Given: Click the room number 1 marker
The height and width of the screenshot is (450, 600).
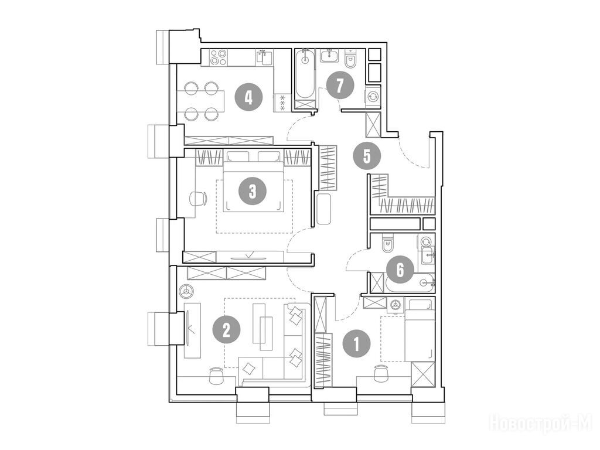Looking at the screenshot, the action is [x=357, y=344].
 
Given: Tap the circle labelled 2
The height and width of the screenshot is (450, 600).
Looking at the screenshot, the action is [x=227, y=330].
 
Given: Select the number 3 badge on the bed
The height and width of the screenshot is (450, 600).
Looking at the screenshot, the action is [x=252, y=191].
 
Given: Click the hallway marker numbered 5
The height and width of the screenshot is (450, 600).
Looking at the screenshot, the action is [x=367, y=156].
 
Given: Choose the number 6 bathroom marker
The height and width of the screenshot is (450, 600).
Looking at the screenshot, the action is [x=400, y=270].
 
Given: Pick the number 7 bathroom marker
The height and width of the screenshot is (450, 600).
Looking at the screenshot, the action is [x=340, y=86].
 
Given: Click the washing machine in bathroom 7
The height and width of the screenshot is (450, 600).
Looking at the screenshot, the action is [x=373, y=97].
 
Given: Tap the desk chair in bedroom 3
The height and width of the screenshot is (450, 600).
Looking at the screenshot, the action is [x=198, y=199].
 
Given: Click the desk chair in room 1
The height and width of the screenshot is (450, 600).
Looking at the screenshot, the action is [x=381, y=373].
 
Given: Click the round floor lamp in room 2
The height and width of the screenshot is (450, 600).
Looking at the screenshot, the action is [x=187, y=292].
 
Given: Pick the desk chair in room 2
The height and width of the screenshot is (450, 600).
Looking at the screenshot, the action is [x=216, y=376].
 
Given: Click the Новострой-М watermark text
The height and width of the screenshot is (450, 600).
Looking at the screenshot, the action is [x=541, y=423].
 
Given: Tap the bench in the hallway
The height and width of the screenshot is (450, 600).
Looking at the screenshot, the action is [x=323, y=209].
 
